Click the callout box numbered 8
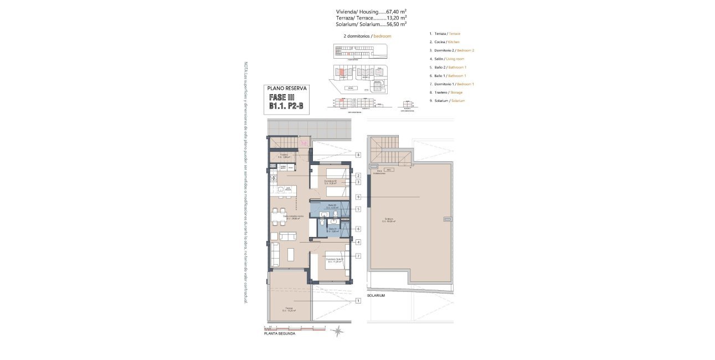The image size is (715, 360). (359, 155)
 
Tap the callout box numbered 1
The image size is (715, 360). (359, 301)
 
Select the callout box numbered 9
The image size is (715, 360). (359, 197)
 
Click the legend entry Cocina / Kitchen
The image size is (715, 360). (444, 42)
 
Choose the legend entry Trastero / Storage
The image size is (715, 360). (446, 92)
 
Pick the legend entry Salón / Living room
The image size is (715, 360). (446, 59)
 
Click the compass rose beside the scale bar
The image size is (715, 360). (338, 331)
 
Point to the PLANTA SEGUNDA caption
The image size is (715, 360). (280, 334)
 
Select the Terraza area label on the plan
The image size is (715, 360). (289, 309)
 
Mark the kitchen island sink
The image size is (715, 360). (281, 190)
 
